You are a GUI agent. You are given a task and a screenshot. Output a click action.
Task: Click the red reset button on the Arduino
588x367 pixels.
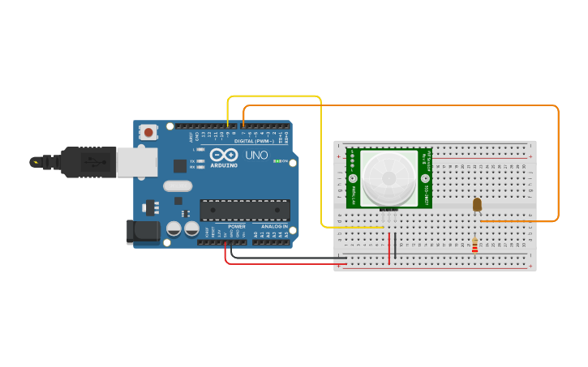[x=148, y=130]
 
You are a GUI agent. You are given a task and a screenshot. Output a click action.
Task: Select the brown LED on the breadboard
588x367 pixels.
[x=477, y=204]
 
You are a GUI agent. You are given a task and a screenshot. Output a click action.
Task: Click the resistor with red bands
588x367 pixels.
[x=474, y=244]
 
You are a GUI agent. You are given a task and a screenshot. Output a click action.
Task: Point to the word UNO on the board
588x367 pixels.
[x=256, y=155]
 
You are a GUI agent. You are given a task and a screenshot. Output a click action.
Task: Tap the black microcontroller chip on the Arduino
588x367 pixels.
[x=245, y=210]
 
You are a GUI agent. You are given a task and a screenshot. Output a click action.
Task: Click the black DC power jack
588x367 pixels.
[x=143, y=232]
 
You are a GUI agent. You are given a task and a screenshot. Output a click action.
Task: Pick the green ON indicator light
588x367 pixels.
[x=277, y=161]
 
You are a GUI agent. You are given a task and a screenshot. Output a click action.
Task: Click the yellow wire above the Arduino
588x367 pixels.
[x=276, y=96]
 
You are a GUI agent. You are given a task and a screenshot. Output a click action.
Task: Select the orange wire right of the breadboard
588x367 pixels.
[x=558, y=162]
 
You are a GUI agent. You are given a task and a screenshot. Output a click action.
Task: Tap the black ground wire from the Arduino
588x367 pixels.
[x=284, y=259]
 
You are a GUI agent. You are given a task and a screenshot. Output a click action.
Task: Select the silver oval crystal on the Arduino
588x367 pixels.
[x=178, y=186]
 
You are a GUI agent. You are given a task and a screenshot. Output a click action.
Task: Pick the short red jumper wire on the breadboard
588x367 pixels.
[x=389, y=248]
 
